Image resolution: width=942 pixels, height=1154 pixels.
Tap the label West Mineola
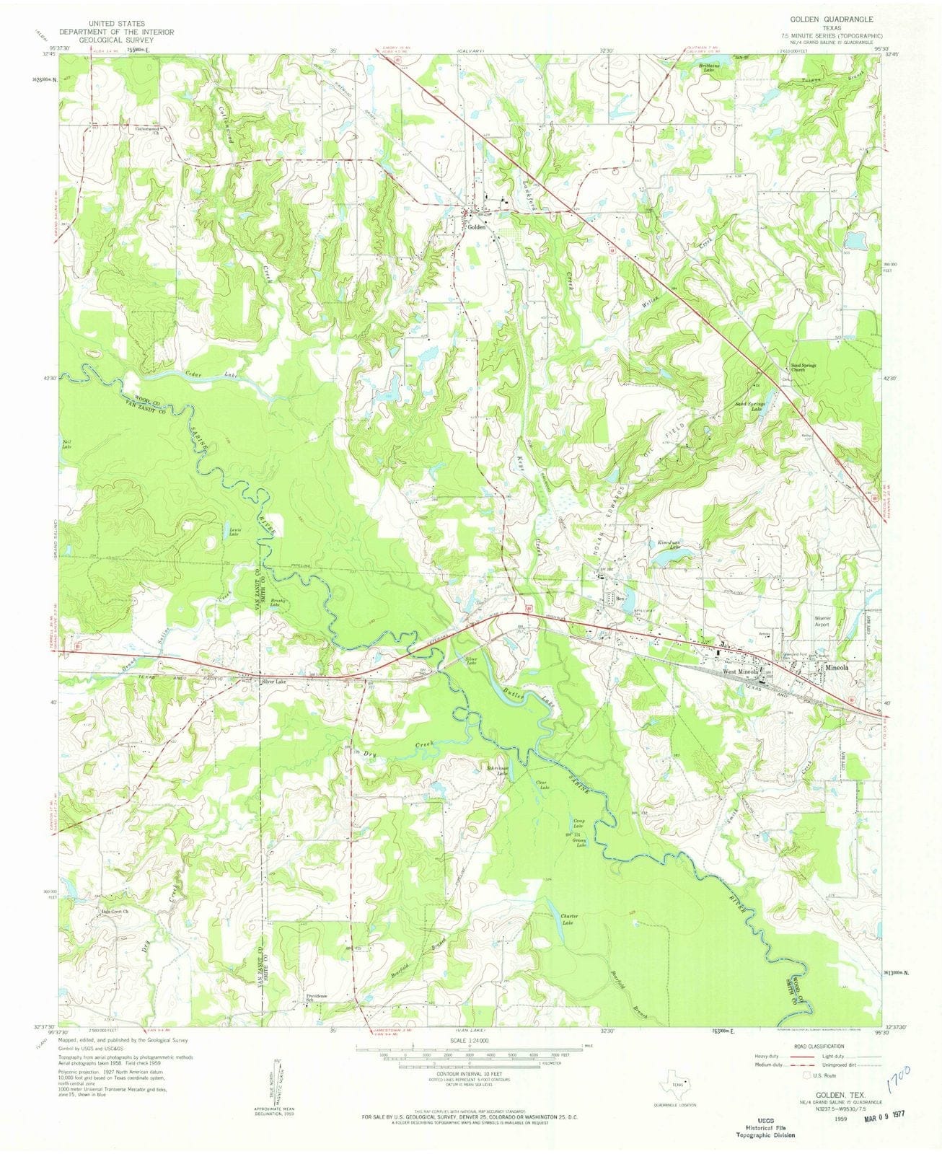point(739,671)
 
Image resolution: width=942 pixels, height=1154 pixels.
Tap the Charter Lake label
point(570,919)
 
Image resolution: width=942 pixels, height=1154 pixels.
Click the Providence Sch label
point(317,998)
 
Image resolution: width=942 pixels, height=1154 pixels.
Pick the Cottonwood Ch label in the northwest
point(146,131)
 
